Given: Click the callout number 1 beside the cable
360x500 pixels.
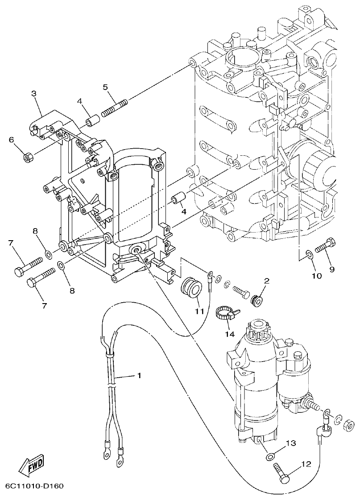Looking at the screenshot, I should tap(139, 376).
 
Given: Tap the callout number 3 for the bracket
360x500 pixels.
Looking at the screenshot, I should tap(33, 93).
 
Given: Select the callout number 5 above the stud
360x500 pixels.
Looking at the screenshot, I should tap(105, 87).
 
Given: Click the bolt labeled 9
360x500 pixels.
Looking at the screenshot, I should tap(326, 247).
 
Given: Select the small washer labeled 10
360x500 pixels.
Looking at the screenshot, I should tap(307, 255).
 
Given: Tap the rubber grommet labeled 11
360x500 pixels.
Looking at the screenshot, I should tap(190, 286).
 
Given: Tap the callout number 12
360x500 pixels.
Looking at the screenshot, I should tap(306, 464).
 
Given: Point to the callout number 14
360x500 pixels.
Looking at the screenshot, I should tap(230, 333).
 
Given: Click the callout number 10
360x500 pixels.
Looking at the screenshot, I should tap(316, 276).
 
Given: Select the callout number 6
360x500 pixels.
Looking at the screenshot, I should tap(12, 140).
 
